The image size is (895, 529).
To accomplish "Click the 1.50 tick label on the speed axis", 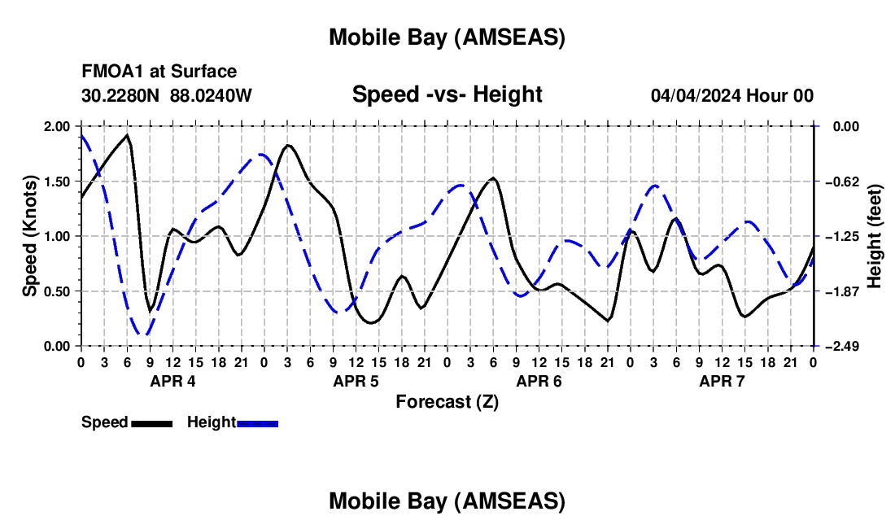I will (55, 181).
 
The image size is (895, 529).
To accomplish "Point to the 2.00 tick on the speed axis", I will (55, 126).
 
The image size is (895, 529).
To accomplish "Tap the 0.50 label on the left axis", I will (55, 291).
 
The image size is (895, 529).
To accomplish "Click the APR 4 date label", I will (172, 381).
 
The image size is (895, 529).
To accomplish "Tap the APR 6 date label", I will (539, 381).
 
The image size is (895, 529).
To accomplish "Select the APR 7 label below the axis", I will (722, 381).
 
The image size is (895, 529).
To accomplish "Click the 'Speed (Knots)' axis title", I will (29, 236).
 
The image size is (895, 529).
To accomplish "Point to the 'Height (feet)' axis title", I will (875, 236).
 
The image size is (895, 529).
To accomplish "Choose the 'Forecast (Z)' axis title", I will (447, 401).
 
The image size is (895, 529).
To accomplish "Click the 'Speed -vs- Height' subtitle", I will (447, 94).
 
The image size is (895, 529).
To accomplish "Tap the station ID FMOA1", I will (110, 72).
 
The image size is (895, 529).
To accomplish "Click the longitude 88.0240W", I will (212, 95).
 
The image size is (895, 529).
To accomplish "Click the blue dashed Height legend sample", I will (257, 422).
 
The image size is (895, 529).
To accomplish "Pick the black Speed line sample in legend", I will (151, 422).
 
